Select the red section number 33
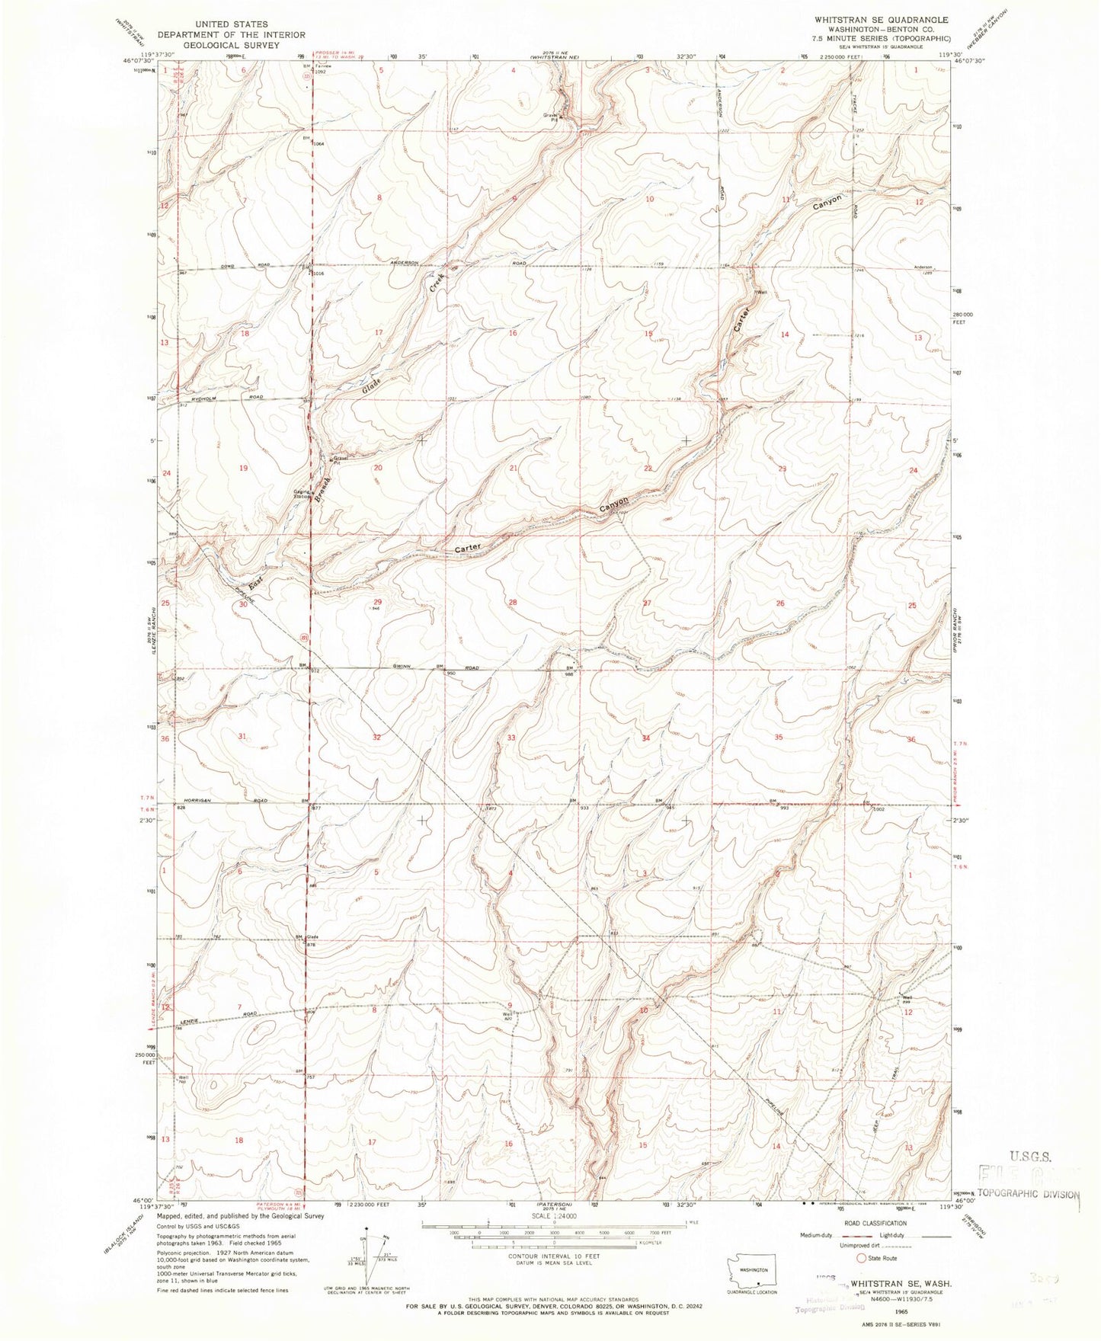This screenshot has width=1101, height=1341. tap(511, 737)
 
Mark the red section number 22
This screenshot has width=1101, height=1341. tap(648, 468)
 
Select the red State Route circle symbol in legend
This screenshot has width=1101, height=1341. tap(863, 1259)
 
